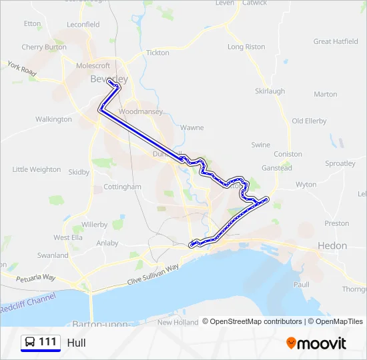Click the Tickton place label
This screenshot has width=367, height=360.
[x=157, y=53]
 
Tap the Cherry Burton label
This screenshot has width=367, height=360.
[x=44, y=47]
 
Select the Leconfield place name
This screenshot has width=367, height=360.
[x=83, y=25]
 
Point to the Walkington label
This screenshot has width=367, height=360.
[x=53, y=119]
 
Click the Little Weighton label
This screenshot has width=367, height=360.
[x=36, y=169]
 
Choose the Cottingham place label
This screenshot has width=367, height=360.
[x=122, y=187]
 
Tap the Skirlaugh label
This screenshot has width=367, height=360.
[x=270, y=91]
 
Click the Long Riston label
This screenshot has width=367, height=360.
[x=246, y=47]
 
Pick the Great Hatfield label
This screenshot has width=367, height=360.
[x=336, y=41]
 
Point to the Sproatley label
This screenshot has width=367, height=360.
[x=340, y=163]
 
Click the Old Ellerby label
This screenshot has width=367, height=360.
[x=309, y=121]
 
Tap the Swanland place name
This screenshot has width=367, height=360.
[x=53, y=255]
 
